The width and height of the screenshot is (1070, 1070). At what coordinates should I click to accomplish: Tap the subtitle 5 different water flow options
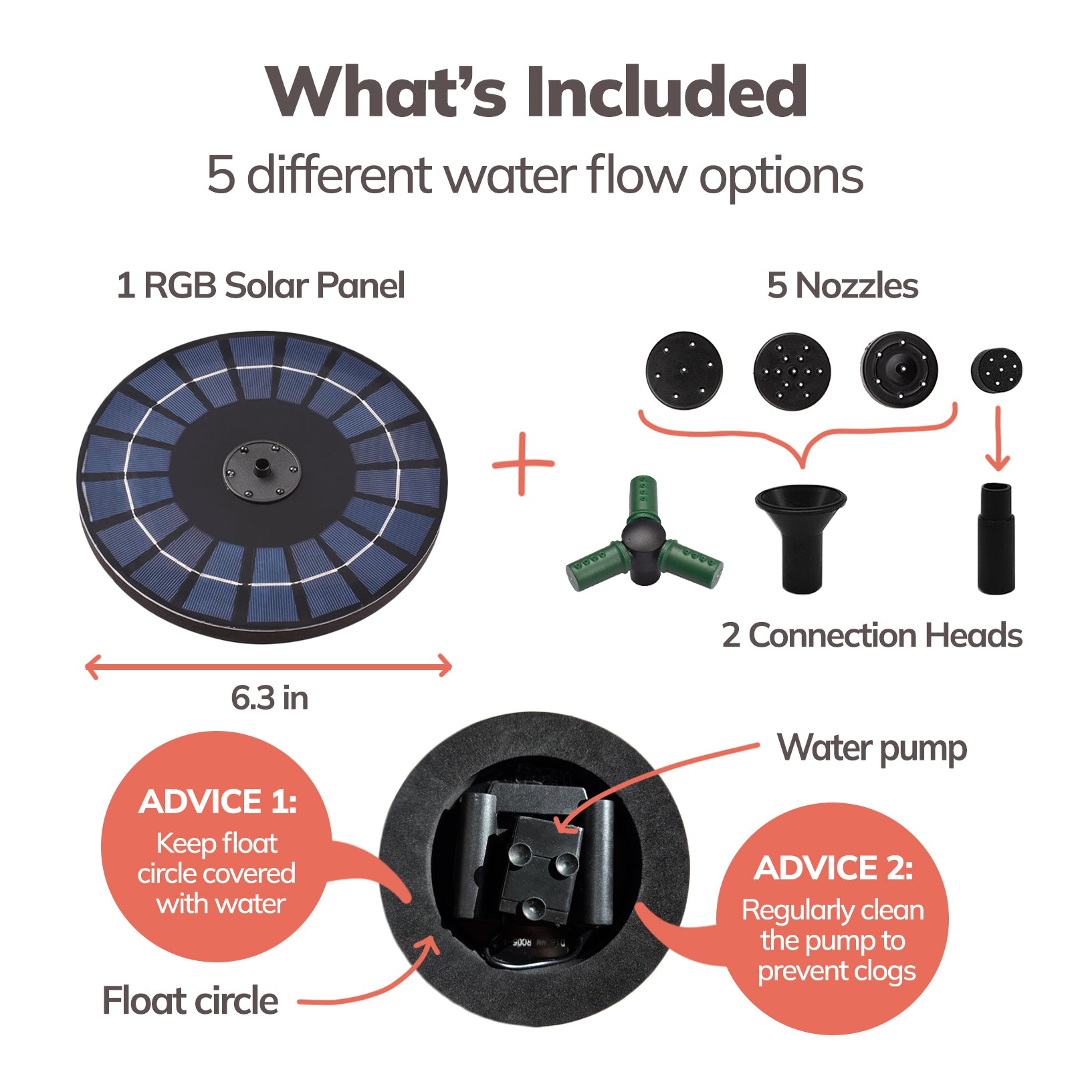(x=535, y=175)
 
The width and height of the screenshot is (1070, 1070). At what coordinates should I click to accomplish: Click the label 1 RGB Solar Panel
(x=260, y=286)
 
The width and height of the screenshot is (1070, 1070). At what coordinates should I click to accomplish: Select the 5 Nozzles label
(x=842, y=286)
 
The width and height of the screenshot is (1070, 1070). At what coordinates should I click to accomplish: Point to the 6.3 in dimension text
(x=270, y=698)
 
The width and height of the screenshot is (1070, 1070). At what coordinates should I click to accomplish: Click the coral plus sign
(x=523, y=463)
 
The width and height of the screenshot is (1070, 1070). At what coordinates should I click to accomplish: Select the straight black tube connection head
(x=996, y=538)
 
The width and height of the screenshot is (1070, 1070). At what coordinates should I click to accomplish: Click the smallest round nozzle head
(x=996, y=370)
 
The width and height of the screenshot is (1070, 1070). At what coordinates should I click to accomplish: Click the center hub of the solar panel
(x=262, y=469)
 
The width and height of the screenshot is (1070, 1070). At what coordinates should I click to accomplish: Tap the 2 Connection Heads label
(x=872, y=635)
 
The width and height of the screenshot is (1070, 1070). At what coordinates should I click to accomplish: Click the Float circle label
(x=191, y=1001)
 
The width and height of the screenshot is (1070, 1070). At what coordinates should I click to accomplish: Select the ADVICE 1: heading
(x=217, y=802)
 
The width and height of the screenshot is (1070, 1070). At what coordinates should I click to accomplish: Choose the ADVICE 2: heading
(x=833, y=868)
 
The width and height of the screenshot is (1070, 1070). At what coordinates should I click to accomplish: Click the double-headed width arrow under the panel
(x=269, y=667)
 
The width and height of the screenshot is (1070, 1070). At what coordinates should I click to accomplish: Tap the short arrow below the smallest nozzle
(x=998, y=439)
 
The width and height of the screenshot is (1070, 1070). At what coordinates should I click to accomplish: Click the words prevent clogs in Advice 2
(x=837, y=971)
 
